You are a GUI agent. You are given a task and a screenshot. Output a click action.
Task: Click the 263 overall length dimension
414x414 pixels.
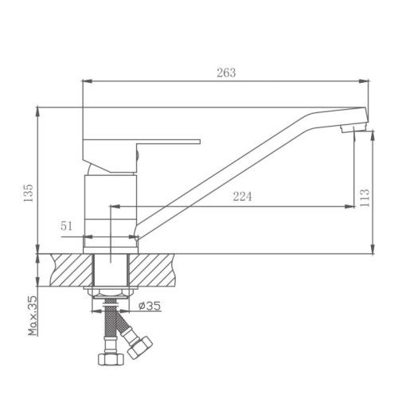click(x=226, y=72)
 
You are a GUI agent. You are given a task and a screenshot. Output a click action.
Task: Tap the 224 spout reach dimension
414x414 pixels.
click(x=243, y=197)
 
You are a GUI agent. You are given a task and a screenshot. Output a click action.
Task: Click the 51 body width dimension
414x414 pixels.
click(x=67, y=226)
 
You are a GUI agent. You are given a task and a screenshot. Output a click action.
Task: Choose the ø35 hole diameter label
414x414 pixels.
click(x=150, y=306)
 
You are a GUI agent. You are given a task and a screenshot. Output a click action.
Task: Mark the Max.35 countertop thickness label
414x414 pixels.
click(x=33, y=315)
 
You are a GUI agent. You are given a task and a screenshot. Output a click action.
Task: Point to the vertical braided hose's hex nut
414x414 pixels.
click(x=111, y=359)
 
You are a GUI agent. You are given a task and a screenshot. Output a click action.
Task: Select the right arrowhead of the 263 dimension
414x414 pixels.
click(x=369, y=80)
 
